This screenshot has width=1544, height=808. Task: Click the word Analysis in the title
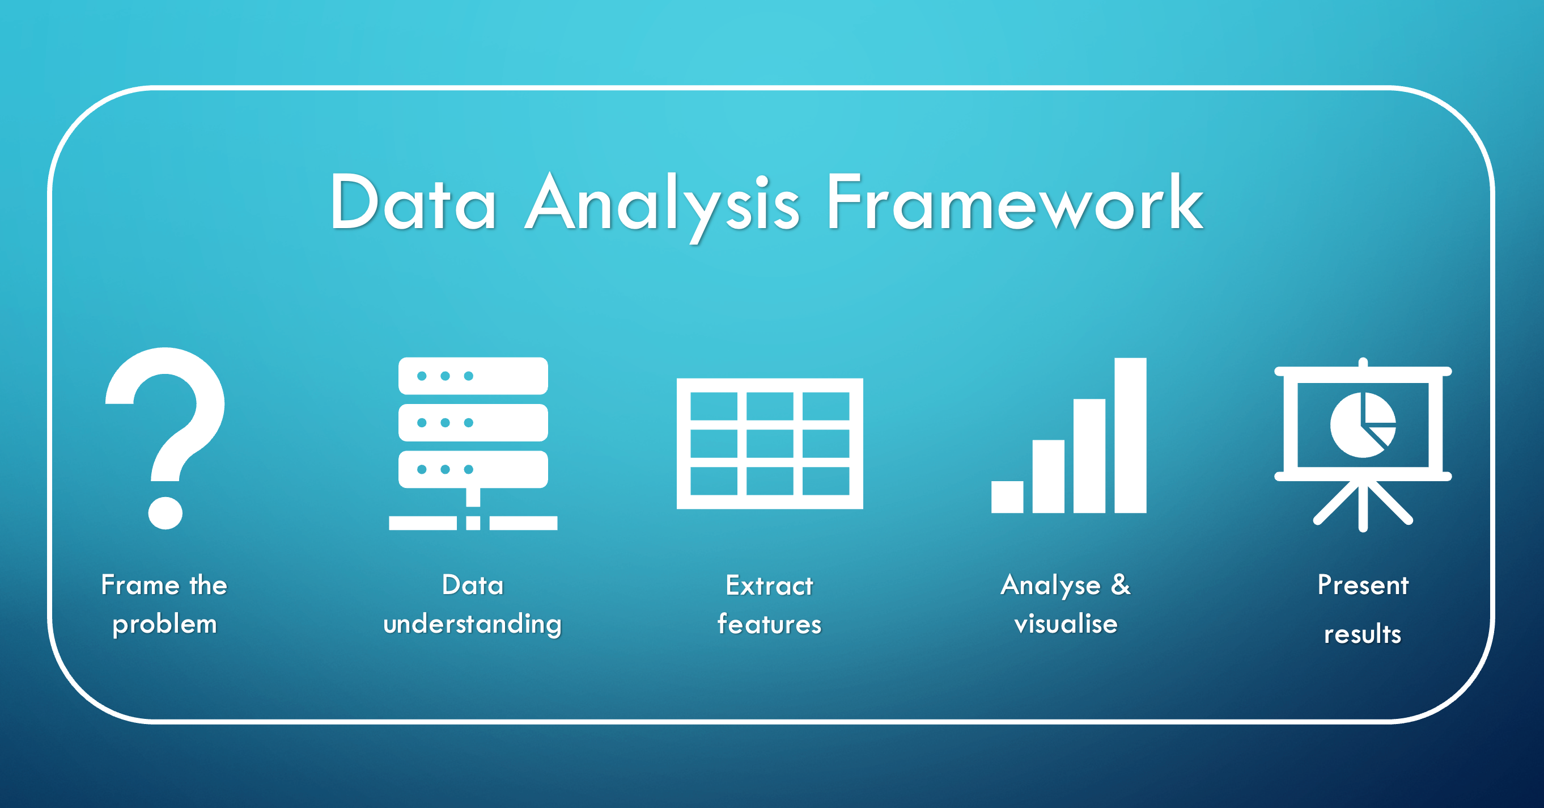point(662,204)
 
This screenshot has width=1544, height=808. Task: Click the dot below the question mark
point(165,513)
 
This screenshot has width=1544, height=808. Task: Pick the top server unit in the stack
point(473,376)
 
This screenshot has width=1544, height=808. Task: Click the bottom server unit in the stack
point(473,469)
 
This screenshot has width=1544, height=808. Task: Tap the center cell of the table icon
point(770,444)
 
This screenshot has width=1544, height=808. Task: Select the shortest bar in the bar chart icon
point(1007,496)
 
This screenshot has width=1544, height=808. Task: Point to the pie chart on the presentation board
point(1363,424)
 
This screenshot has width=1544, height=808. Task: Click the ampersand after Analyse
point(1120,584)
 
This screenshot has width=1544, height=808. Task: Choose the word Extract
point(769,585)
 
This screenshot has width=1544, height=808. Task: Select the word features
point(769,624)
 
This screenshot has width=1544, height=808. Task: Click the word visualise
point(1066,624)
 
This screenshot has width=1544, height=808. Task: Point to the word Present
point(1363,585)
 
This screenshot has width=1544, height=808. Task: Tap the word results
point(1363,634)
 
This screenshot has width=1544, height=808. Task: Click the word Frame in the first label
point(140,585)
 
